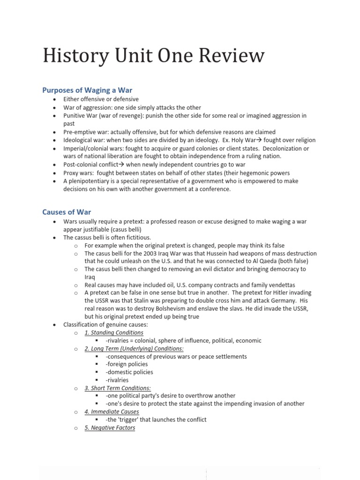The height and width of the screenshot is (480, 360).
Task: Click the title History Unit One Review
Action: click(x=153, y=56)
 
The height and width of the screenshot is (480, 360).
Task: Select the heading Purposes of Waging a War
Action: click(x=88, y=90)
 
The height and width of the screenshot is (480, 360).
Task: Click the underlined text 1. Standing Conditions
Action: click(x=114, y=332)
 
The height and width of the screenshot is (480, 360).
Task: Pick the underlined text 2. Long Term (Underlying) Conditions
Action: click(x=134, y=348)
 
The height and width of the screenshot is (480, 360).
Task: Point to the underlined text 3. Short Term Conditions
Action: click(x=118, y=388)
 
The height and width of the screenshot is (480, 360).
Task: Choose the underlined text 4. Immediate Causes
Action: click(x=112, y=412)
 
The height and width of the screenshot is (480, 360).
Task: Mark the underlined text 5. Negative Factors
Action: click(x=110, y=427)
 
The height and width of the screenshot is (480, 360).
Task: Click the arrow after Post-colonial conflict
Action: click(x=122, y=165)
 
